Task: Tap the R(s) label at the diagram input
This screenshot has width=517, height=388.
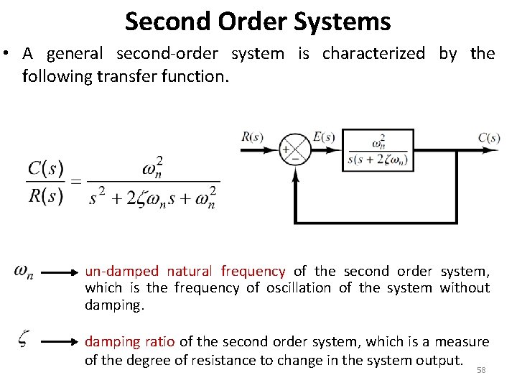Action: pyautogui.click(x=253, y=137)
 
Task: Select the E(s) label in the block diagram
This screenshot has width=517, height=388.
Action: pyautogui.click(x=325, y=137)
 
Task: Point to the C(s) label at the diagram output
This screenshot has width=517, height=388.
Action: pyautogui.click(x=489, y=137)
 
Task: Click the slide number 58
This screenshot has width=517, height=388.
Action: pyautogui.click(x=481, y=370)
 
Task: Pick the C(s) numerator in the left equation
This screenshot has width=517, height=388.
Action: pyautogui.click(x=46, y=169)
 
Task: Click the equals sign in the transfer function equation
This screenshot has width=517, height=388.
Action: pyautogui.click(x=75, y=183)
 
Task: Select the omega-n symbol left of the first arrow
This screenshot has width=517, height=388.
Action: pyautogui.click(x=23, y=272)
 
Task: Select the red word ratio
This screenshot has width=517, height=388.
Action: pyautogui.click(x=160, y=342)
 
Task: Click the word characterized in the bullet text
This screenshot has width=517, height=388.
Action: pyautogui.click(x=373, y=54)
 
